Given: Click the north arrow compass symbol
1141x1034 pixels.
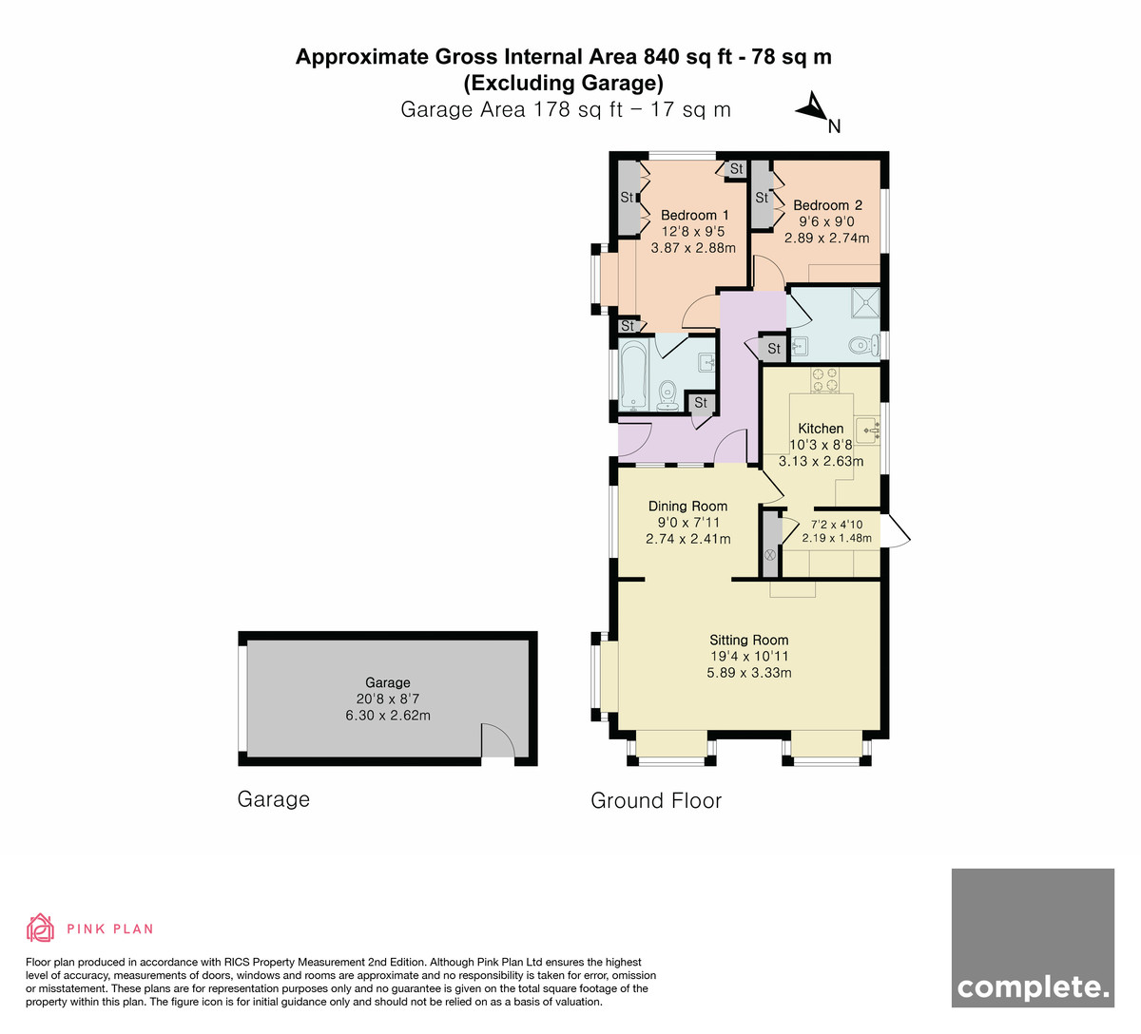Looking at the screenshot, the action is coord(814,108).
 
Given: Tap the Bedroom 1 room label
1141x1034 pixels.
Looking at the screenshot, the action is coord(694,215).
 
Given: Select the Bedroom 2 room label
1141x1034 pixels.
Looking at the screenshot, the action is coord(827,205).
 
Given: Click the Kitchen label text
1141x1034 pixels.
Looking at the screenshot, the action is coord(821,429).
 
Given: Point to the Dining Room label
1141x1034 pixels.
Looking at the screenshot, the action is coord(687,507).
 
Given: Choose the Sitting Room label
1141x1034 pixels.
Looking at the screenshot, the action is coord(748,640).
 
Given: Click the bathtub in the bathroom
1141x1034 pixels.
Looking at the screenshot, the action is coord(632,375).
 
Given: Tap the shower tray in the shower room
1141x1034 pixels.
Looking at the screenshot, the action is coord(865,302).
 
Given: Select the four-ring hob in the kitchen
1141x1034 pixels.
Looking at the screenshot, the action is coord(824,379).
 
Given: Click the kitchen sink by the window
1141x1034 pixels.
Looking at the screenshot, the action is coord(868,430).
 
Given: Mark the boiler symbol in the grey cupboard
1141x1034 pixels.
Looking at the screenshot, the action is coord(769,554).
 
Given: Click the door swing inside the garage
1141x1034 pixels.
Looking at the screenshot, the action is coord(498,740).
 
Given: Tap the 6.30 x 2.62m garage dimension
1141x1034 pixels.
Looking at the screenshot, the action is coord(388,715).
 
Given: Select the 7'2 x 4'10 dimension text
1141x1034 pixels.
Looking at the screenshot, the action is coord(837,525).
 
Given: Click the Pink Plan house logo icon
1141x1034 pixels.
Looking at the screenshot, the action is coord(40,928).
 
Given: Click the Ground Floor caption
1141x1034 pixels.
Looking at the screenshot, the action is coord(656,800).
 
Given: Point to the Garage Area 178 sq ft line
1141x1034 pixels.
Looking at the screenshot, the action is coord(566,109).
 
